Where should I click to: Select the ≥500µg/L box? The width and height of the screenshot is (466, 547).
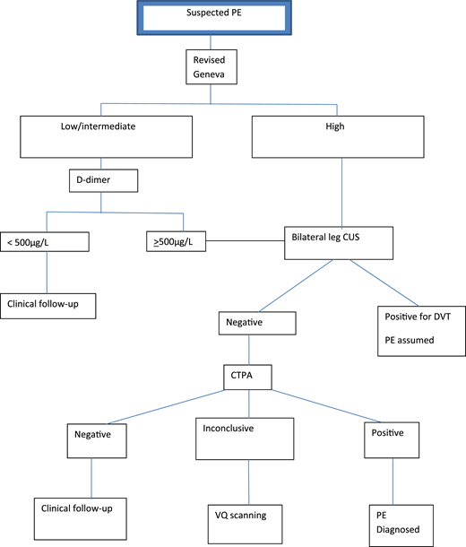[x=178, y=242]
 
